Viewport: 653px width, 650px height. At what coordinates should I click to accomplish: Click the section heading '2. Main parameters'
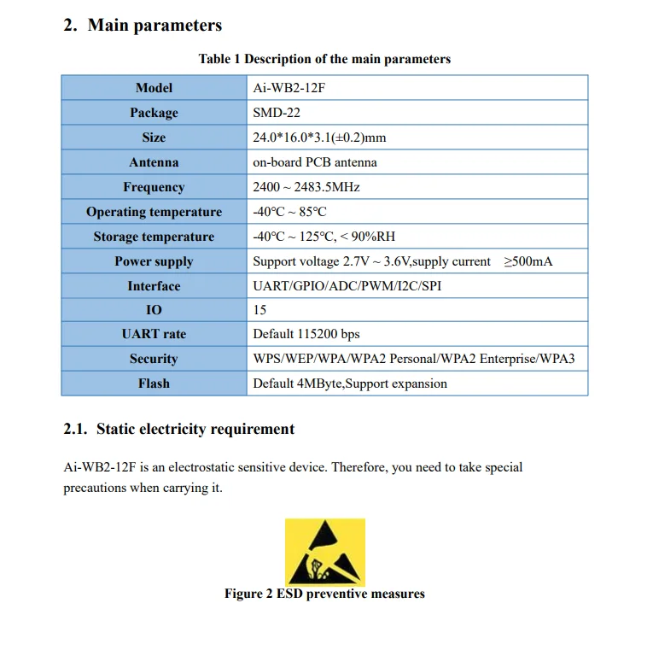[143, 26]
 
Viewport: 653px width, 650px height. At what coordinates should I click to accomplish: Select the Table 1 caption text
[324, 59]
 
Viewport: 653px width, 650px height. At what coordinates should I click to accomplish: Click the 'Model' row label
[154, 88]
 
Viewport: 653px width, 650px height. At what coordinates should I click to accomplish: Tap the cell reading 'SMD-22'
[277, 113]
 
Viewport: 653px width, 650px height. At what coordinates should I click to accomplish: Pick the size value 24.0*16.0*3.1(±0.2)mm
[319, 138]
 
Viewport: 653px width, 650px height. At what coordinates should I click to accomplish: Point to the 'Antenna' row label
[154, 162]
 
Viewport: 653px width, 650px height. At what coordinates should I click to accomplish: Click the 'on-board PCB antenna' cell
[315, 162]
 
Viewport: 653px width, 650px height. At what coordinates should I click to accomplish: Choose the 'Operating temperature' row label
[154, 212]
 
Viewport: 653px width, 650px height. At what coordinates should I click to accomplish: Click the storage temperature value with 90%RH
[324, 237]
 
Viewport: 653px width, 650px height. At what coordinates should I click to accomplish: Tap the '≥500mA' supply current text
[528, 261]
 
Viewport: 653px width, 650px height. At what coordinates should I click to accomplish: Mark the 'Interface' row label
[154, 286]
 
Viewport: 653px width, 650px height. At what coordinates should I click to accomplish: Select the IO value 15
[259, 310]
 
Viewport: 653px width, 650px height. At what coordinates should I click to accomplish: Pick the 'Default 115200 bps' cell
[306, 334]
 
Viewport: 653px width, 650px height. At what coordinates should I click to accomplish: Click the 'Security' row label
[154, 359]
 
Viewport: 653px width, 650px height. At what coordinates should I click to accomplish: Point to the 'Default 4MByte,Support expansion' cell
[350, 384]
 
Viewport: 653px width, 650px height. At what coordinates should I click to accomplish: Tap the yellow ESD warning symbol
[324, 551]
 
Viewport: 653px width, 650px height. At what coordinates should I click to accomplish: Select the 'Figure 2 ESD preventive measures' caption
[324, 594]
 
